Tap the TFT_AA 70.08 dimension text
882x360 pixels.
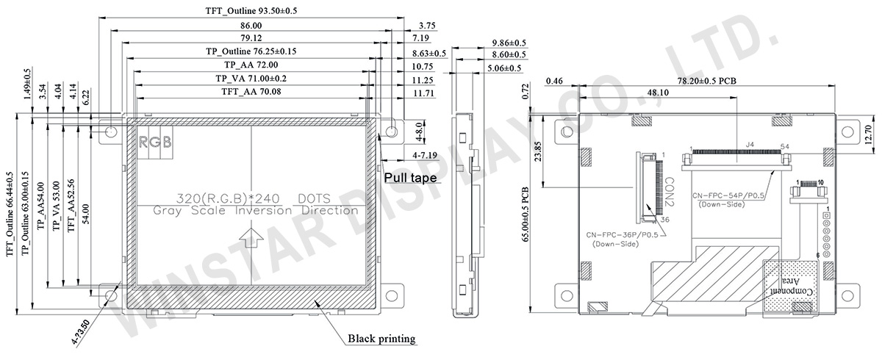pos(251,92)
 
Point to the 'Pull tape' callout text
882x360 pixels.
pos(407,178)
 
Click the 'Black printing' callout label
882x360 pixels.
pos(381,339)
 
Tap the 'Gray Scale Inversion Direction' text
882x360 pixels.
pos(255,211)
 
